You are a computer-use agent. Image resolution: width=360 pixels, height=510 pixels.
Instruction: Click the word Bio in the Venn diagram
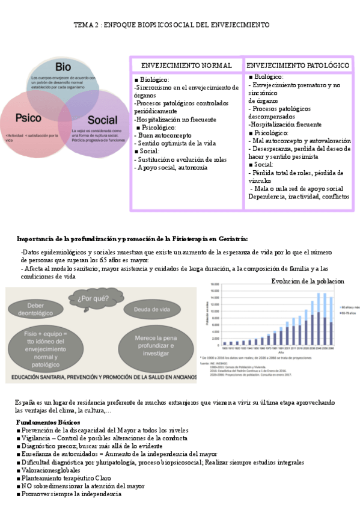pos(63,66)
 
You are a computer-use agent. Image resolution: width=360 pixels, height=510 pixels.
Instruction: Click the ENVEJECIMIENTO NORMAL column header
pos(186,64)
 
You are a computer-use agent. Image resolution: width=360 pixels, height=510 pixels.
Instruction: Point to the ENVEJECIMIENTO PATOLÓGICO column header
pos(298,64)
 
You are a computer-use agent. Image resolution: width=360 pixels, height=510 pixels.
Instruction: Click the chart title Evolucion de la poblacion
pos(308,281)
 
